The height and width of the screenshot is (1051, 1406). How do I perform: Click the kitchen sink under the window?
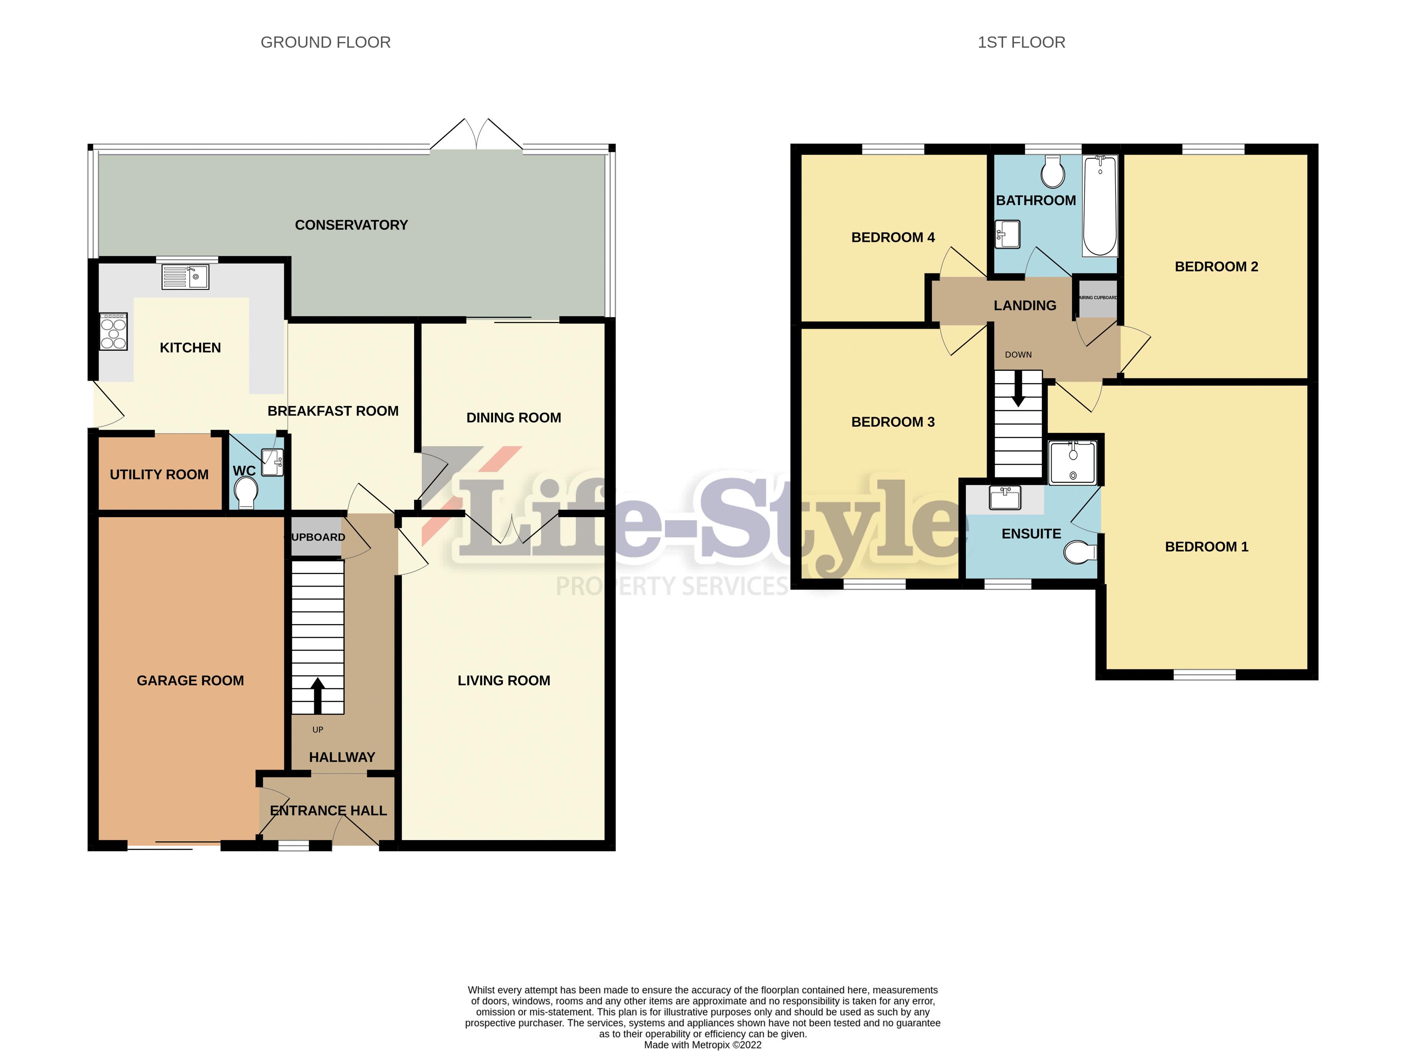[x=185, y=277]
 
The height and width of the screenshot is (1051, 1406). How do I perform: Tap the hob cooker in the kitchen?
[x=113, y=331]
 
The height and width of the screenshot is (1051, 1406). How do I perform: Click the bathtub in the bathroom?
[x=1100, y=206]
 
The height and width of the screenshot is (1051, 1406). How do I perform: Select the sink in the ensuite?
[x=1005, y=497]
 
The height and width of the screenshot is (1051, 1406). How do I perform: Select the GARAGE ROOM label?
[x=190, y=681]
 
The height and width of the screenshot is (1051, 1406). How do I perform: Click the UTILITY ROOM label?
[x=159, y=475]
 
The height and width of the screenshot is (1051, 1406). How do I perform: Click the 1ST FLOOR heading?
[x=1021, y=42]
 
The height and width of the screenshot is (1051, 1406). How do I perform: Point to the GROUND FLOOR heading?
[x=326, y=42]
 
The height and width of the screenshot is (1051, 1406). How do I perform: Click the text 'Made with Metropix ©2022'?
[x=702, y=1045]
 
